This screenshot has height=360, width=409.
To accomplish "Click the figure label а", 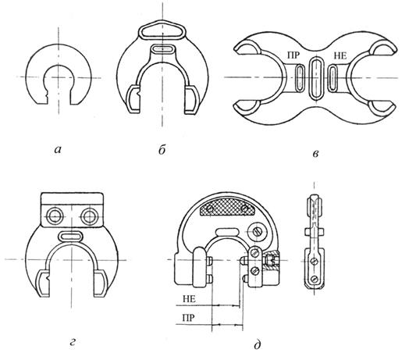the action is click(58, 150).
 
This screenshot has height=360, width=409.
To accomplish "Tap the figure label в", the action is click(315, 154).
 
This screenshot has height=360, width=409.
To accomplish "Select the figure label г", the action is click(73, 341).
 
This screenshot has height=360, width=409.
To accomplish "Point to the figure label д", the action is click(258, 344).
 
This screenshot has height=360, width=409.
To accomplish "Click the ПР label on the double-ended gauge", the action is click(293, 55).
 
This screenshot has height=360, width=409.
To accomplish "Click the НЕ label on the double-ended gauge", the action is click(340, 55).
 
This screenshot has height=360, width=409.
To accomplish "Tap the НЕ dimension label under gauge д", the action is click(189, 298).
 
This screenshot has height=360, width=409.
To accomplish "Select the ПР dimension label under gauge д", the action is click(188, 318).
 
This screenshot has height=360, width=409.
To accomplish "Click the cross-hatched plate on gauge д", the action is click(227, 208).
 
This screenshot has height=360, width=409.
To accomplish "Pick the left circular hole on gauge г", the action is click(55, 216).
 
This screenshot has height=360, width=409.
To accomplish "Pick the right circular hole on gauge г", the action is click(90, 216).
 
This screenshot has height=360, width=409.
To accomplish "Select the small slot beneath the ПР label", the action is click(300, 77).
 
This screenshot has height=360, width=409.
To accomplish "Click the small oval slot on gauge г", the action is click(70, 236).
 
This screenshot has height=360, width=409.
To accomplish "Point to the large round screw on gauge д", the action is click(258, 231).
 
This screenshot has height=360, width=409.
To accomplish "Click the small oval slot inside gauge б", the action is click(162, 48).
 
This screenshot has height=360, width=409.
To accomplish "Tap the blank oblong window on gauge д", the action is click(227, 231).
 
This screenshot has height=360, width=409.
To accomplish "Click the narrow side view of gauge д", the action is click(315, 241).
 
